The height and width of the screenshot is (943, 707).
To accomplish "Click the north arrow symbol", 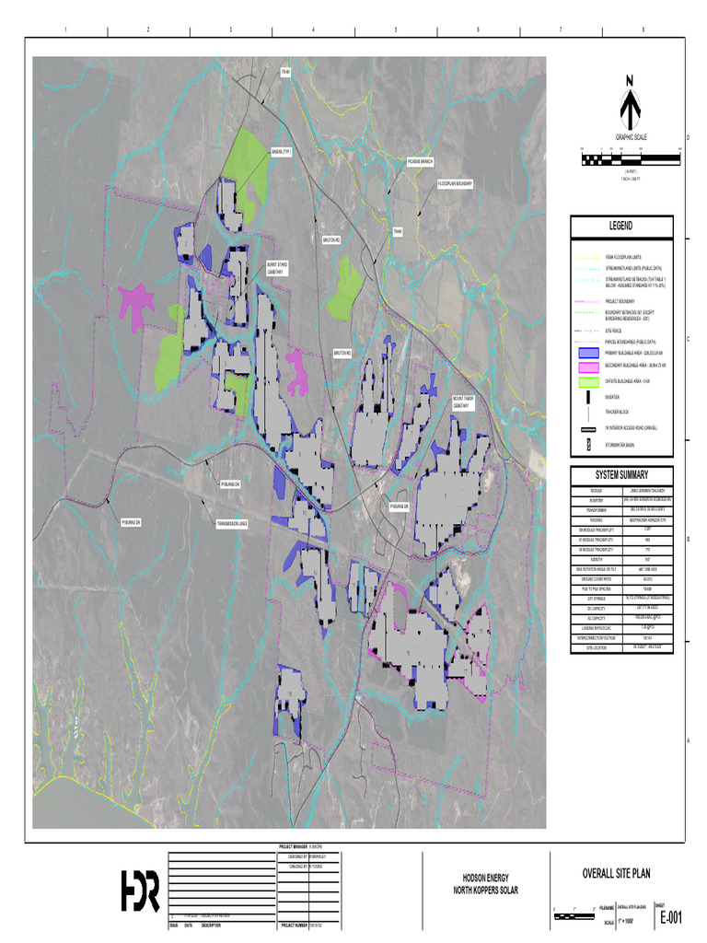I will [x=631, y=103].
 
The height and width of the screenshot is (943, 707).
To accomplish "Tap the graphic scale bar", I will [x=631, y=160].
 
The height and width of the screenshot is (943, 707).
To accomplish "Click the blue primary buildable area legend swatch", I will [x=589, y=353].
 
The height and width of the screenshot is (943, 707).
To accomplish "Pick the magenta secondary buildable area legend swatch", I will [x=589, y=367].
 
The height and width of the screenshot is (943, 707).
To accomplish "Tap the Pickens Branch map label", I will [x=420, y=162].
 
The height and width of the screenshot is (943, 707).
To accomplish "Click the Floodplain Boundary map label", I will [x=455, y=183].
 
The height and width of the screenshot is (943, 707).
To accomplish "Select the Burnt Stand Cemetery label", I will [x=279, y=268].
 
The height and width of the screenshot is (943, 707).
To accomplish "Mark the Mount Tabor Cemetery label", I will [x=464, y=402].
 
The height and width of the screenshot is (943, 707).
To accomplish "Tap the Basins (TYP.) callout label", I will [x=281, y=155].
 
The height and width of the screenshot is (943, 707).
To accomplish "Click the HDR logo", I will [x=140, y=891].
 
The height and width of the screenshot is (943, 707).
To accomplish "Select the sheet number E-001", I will [x=670, y=918].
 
